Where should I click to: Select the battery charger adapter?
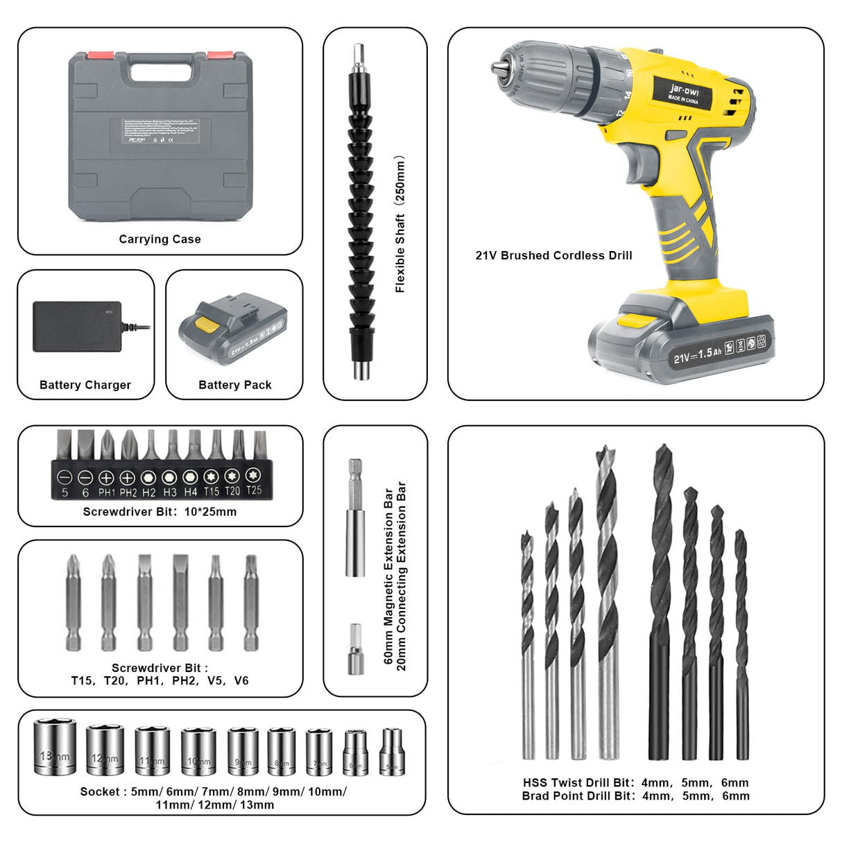click(78, 326)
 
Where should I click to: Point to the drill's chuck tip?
click(497, 67)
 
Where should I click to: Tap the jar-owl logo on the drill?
click(684, 92)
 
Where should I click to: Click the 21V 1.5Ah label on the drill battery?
click(697, 354)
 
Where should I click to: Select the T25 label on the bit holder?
click(254, 490)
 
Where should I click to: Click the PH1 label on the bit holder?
click(106, 492)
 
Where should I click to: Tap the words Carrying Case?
click(160, 239)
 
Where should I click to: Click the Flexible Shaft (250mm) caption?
click(400, 223)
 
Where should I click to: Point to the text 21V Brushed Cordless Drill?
click(553, 255)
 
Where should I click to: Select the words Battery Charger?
click(85, 385)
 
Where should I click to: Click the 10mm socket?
click(198, 751)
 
